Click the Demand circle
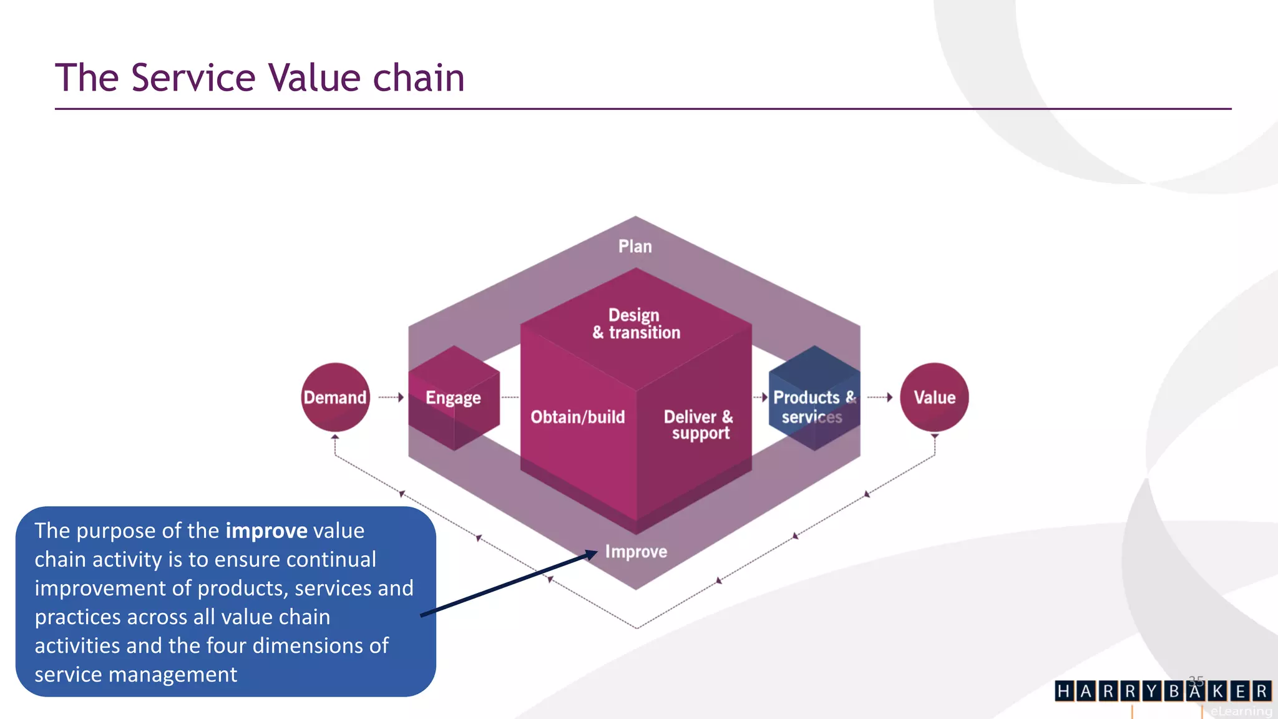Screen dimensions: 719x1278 click(335, 397)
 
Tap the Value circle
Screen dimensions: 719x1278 click(934, 397)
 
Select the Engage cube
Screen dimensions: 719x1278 click(454, 398)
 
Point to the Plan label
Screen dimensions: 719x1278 click(635, 247)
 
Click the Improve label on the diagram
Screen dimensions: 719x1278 click(636, 552)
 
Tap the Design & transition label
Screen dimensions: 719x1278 click(636, 323)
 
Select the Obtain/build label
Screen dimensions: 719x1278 click(577, 417)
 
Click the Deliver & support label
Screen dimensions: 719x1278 click(699, 424)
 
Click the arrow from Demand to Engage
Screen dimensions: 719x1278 click(392, 397)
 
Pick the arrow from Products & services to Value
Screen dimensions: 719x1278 click(880, 397)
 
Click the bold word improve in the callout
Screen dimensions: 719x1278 click(266, 531)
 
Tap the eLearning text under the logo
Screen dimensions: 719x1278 click(1241, 711)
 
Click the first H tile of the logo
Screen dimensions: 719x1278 click(1064, 691)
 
